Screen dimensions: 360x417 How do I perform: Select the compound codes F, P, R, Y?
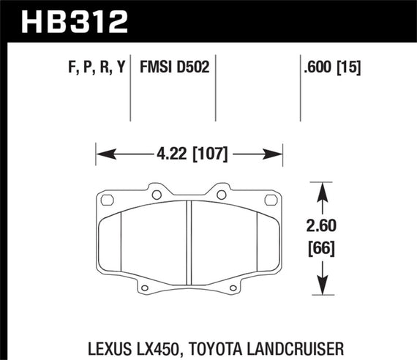(91, 69)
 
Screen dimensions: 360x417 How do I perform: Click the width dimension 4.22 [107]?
(189, 154)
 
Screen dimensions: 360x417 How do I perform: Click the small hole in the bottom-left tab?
(146, 286)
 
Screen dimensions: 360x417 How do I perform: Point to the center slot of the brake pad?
(189, 238)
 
